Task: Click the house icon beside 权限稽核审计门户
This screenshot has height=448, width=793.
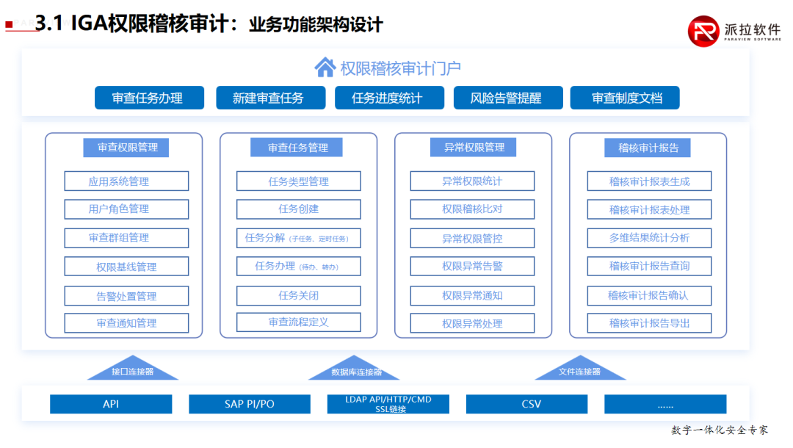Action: [325, 68]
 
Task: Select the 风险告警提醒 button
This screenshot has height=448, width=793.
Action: [507, 98]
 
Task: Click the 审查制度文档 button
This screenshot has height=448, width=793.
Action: [625, 98]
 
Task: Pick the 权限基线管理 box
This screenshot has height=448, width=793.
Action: [126, 267]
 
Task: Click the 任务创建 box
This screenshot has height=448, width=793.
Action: [298, 209]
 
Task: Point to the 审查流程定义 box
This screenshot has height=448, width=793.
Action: [298, 322]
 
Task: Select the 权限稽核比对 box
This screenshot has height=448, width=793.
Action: [472, 209]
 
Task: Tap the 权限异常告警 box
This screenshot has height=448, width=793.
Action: [472, 267]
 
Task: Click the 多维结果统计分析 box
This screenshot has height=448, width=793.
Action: [649, 238]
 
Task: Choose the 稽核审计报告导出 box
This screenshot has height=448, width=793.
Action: [649, 323]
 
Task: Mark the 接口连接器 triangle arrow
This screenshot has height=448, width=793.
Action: [133, 369]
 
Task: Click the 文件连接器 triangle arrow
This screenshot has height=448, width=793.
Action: [579, 369]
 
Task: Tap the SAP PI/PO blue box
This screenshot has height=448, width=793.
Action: [250, 404]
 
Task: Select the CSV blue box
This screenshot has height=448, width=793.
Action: [526, 404]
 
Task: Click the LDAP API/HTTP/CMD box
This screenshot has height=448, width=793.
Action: [388, 404]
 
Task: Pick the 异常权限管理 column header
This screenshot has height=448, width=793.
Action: [474, 148]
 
